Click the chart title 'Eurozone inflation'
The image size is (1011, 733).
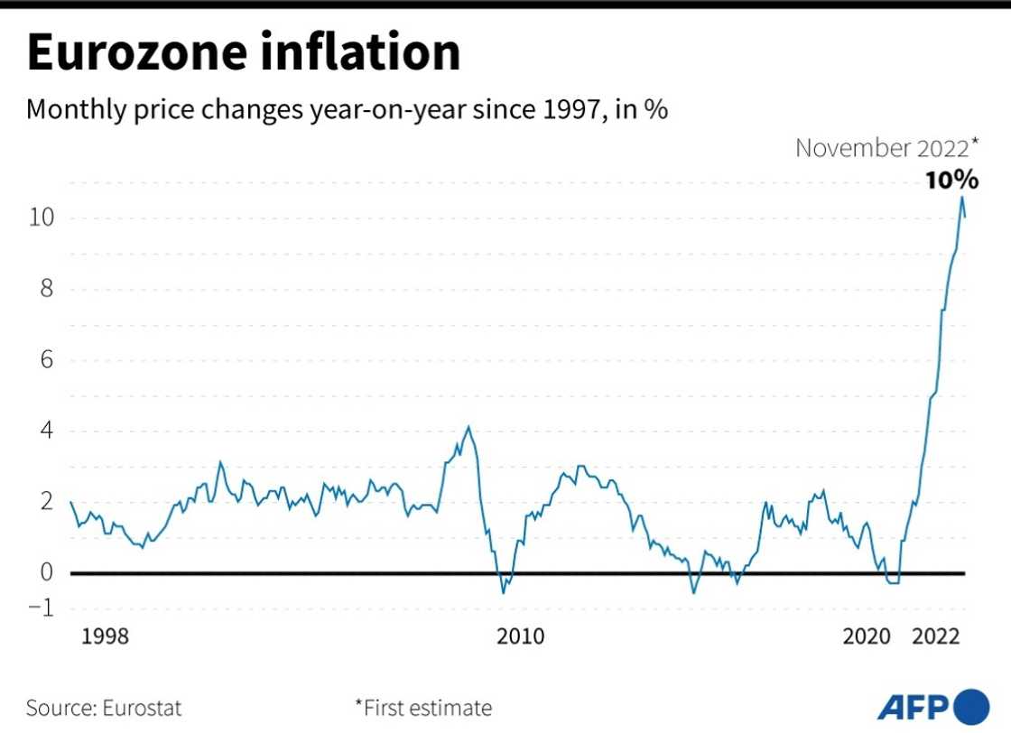tap(244, 51)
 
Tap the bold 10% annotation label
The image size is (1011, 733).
tap(951, 180)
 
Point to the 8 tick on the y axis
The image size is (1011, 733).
tap(46, 289)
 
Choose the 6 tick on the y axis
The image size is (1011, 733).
tap(46, 360)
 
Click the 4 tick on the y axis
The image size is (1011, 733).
tap(46, 431)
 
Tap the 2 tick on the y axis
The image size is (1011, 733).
tap(46, 502)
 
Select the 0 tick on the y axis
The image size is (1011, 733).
tap(46, 572)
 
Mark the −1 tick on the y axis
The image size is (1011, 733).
tap(41, 607)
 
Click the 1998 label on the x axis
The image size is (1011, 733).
tap(106, 637)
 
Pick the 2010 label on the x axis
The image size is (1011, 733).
tap(521, 637)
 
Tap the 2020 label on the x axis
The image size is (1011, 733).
tap(867, 637)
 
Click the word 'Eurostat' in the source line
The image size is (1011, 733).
tap(143, 707)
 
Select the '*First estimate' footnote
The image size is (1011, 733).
tap(423, 707)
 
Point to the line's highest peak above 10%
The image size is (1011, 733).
tap(961, 197)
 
